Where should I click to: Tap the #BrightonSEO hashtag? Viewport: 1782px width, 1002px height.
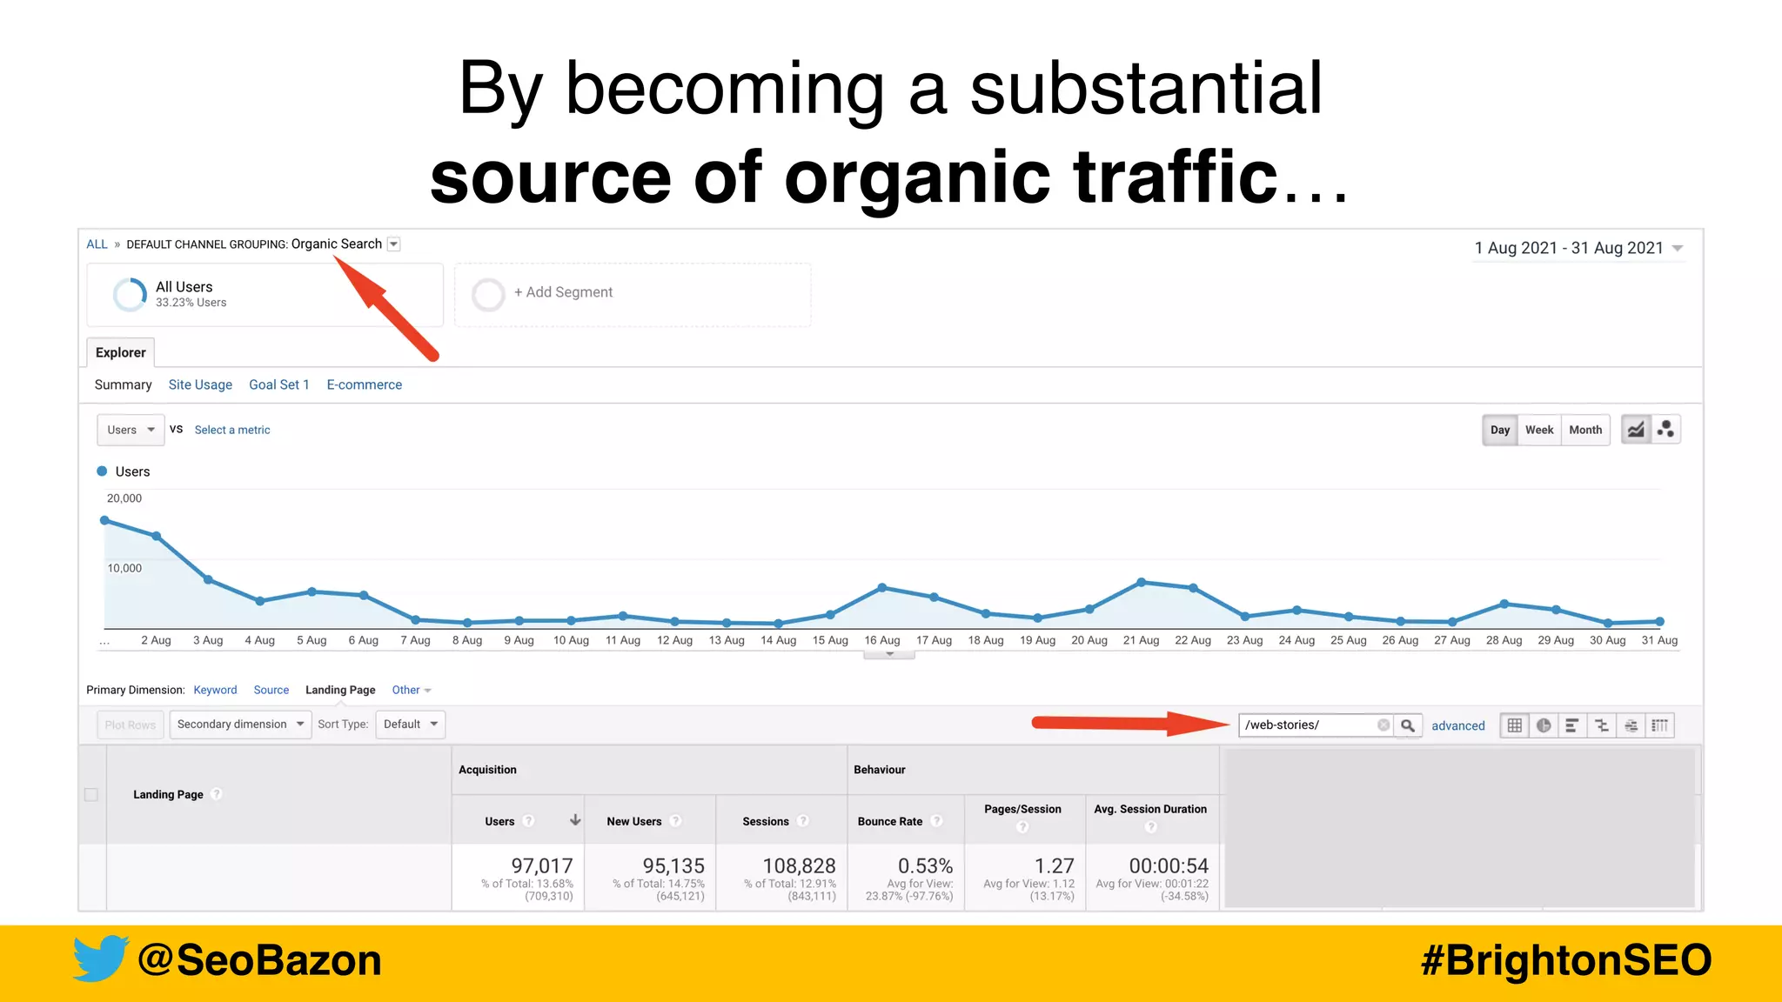[x=1565, y=960]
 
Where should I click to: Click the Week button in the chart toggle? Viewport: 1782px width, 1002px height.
[x=1538, y=430]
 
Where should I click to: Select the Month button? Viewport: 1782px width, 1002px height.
[x=1584, y=430]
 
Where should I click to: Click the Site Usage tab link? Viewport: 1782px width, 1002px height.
[x=200, y=384]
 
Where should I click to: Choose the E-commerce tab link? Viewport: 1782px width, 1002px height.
[x=364, y=384]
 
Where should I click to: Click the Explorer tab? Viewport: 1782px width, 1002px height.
[x=121, y=352]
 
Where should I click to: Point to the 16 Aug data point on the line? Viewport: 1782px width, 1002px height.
[x=882, y=588]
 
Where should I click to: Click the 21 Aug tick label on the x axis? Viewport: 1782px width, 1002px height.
[x=1141, y=640]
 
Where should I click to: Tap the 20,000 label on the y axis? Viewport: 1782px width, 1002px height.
[x=124, y=498]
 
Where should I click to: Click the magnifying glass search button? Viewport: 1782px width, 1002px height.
[x=1407, y=725]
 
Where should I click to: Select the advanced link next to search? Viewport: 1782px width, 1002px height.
[x=1457, y=725]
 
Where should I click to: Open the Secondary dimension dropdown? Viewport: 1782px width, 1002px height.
[x=240, y=724]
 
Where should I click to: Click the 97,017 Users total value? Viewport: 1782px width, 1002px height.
[x=541, y=865]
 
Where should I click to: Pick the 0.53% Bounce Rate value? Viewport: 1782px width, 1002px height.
[x=925, y=865]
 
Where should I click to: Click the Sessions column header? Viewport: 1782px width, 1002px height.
[x=766, y=821]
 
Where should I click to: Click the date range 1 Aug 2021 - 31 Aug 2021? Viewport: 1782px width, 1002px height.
[x=1568, y=248]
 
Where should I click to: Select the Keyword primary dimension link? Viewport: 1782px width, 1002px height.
[x=215, y=690]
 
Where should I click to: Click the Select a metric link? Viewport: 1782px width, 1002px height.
[x=232, y=430]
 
